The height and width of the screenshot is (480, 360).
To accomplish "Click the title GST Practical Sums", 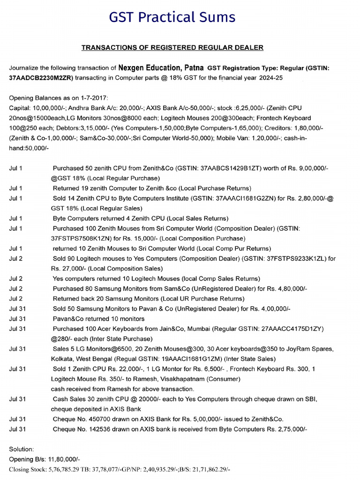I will pyautogui.click(x=172, y=17).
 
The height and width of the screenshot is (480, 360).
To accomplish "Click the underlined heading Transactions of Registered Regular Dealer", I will pyautogui.click(x=172, y=47).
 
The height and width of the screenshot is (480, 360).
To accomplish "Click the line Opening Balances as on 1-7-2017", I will pyautogui.click(x=59, y=98).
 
